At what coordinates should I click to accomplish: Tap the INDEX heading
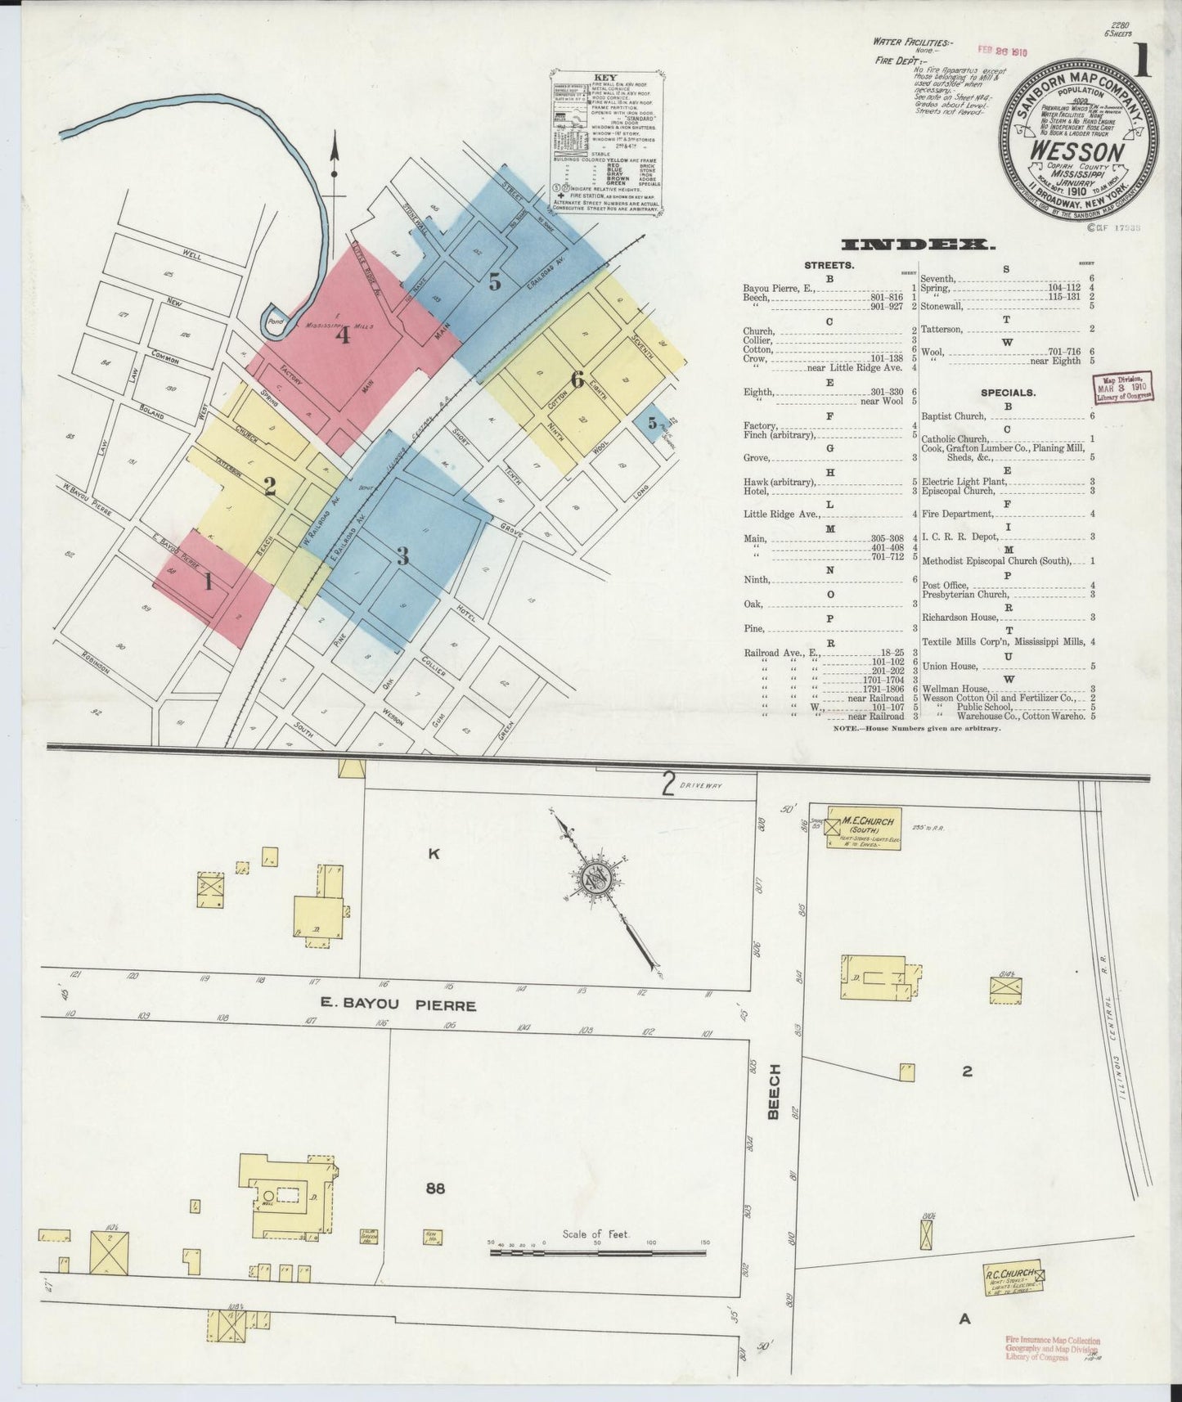pyautogui.click(x=918, y=245)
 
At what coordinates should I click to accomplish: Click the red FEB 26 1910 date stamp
pyautogui.click(x=1002, y=51)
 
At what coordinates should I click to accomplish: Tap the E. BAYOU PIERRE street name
pyautogui.click(x=398, y=1004)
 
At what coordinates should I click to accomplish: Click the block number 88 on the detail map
pyautogui.click(x=435, y=1188)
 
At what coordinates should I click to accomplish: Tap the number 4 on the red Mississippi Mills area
pyautogui.click(x=342, y=335)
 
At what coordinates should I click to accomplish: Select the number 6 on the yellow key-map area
pyautogui.click(x=577, y=380)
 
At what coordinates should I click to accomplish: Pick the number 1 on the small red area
pyautogui.click(x=209, y=582)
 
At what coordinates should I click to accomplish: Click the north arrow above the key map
pyautogui.click(x=334, y=164)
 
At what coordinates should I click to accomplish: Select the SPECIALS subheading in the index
pyautogui.click(x=1008, y=393)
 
